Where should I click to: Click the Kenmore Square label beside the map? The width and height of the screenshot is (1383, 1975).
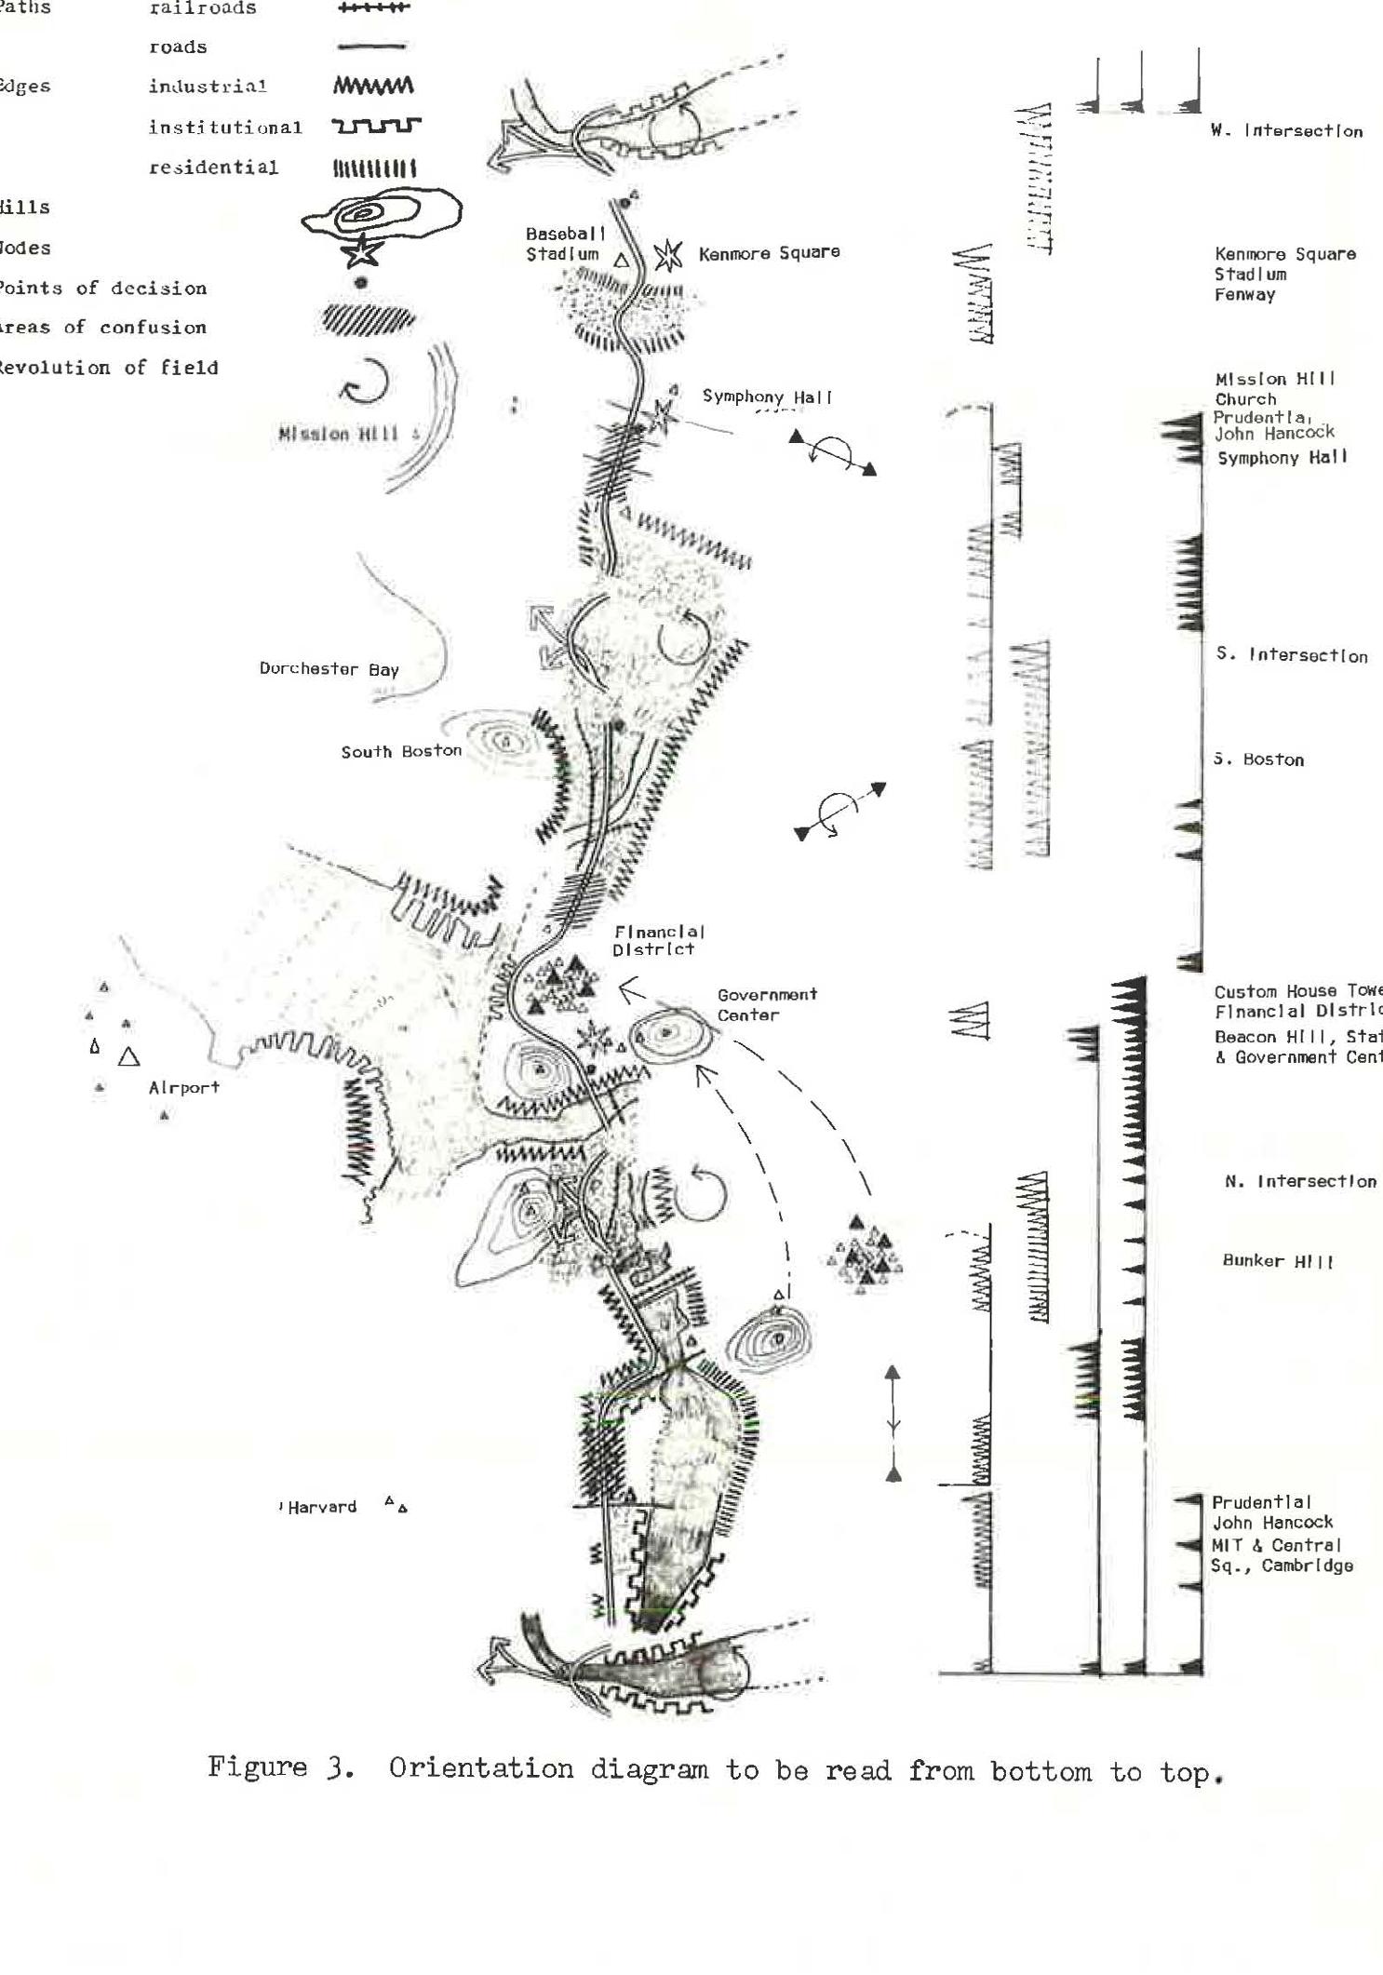pos(769,252)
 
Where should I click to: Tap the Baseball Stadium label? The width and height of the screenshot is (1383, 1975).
pos(565,244)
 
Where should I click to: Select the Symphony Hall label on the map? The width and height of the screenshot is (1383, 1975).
pos(767,396)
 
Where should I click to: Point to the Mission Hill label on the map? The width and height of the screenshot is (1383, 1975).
pos(339,434)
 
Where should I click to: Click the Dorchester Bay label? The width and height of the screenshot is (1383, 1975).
pos(329,668)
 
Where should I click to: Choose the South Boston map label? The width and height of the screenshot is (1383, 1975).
pos(401,751)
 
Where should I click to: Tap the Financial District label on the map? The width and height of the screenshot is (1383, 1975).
pos(657,940)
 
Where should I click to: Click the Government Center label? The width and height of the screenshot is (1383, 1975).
pos(767,1004)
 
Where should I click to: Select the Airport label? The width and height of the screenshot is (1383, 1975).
pos(183,1087)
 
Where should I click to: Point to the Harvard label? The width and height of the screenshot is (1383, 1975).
pos(322,1507)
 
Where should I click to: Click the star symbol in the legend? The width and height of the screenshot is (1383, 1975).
pos(360,249)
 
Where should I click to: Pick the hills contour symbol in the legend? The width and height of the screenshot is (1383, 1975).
pos(382,217)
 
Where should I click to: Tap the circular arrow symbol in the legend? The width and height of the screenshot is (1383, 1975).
pos(364,380)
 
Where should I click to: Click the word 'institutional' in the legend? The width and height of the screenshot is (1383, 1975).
pos(225,128)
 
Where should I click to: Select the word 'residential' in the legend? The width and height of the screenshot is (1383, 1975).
pos(213,168)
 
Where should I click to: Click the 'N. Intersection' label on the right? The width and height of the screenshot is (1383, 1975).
pos(1300,1181)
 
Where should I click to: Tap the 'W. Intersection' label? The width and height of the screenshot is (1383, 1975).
pos(1286,131)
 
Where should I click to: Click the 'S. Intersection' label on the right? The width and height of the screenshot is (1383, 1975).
pos(1292,654)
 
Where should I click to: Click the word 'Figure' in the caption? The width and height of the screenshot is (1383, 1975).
pos(257,1767)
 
